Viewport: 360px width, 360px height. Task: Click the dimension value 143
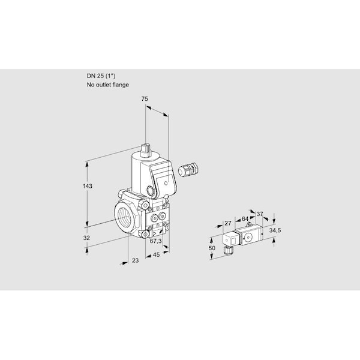(x=88, y=187)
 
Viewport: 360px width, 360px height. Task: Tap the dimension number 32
(x=86, y=238)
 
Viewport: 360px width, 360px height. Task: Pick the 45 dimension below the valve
(x=156, y=255)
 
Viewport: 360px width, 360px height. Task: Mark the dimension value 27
(x=227, y=224)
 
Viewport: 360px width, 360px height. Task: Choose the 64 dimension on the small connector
(x=244, y=219)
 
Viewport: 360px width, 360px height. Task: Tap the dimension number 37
(x=259, y=213)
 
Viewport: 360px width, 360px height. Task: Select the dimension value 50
(x=211, y=248)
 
